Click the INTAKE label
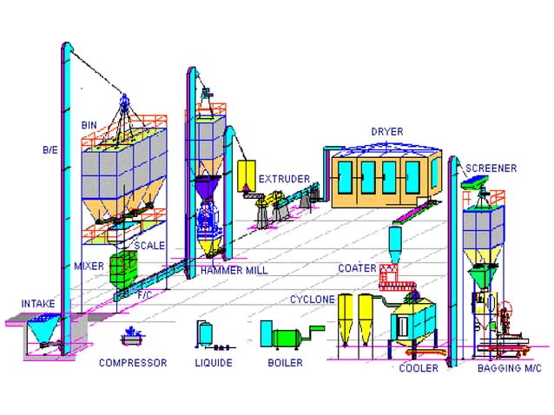coord(39,303)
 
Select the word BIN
coord(89,125)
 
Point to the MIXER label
coord(89,265)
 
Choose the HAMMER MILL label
coord(234,271)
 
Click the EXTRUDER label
coord(284,179)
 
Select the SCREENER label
coord(491,168)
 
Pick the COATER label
coord(357,268)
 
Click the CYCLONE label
coord(313,299)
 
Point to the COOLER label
coord(419,368)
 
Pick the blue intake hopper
coord(38,328)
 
